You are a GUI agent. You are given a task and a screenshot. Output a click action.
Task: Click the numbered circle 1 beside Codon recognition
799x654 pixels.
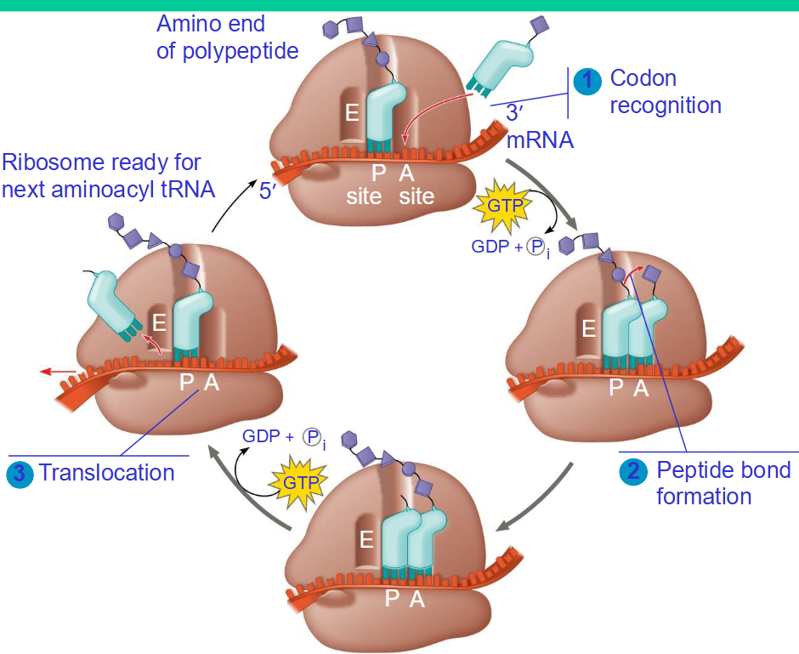pos(586,81)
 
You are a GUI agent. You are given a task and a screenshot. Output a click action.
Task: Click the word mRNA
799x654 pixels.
pos(540,139)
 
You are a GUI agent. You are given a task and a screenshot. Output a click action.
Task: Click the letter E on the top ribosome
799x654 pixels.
pos(352,112)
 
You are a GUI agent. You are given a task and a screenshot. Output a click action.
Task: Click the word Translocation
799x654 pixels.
pos(106,473)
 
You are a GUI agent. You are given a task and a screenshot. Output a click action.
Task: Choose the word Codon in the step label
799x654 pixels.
pos(643,78)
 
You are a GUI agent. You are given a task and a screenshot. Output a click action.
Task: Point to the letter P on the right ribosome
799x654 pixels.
pos(615,389)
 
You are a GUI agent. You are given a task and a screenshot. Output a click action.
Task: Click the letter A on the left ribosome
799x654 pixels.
pos(212,383)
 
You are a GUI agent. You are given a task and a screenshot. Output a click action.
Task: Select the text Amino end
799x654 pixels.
pos(210,24)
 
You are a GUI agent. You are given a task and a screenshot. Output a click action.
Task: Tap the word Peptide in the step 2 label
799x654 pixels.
pos(690,470)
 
